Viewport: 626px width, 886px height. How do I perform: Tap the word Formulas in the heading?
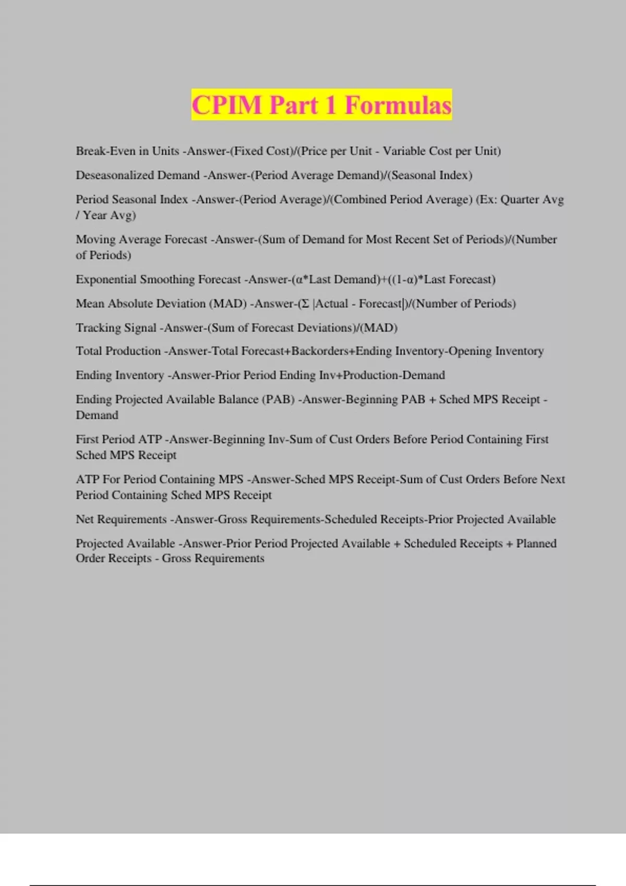[398, 105]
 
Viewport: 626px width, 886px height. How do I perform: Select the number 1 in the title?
[330, 105]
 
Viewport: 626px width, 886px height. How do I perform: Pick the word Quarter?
[520, 199]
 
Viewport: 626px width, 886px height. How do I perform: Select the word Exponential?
[106, 279]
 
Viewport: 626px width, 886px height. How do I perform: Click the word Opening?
[471, 351]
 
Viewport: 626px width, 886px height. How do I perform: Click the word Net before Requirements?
[85, 519]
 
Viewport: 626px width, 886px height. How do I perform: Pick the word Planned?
[536, 543]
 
